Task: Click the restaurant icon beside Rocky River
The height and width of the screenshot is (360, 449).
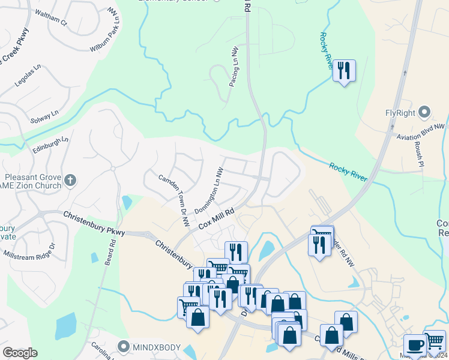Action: point(343,71)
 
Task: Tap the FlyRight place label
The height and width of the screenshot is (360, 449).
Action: point(400,113)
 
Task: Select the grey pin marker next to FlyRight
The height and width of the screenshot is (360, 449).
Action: point(425,112)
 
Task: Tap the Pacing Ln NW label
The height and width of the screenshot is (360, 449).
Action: point(234,66)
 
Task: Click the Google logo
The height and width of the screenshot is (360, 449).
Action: point(20,353)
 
